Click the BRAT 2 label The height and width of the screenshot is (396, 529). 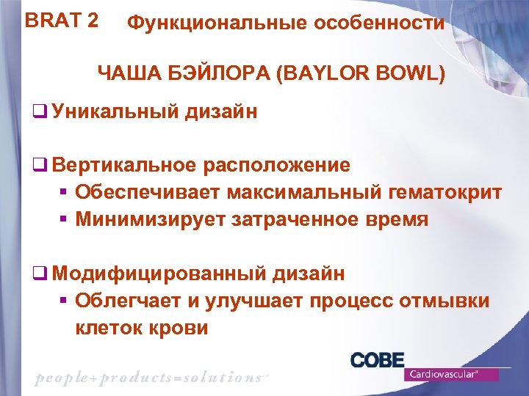[x=62, y=20]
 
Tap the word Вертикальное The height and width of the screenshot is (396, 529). [x=124, y=165]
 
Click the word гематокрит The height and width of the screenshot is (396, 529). [x=439, y=192]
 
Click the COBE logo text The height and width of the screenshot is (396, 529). [x=378, y=360]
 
